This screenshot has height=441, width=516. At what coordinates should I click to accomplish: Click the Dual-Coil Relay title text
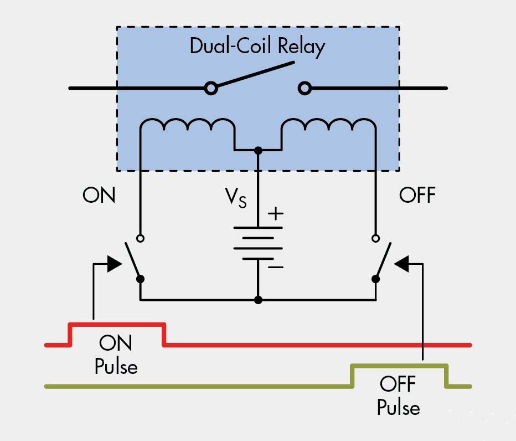click(x=257, y=47)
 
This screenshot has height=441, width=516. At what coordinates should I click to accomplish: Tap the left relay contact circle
click(x=210, y=88)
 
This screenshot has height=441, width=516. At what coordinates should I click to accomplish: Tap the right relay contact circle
click(x=304, y=88)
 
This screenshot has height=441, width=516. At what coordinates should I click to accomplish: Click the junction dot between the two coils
click(x=257, y=150)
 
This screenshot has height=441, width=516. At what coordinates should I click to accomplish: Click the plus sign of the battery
click(x=275, y=213)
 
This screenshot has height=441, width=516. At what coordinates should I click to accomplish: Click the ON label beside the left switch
click(x=99, y=195)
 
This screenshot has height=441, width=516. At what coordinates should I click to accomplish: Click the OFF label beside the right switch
click(x=417, y=195)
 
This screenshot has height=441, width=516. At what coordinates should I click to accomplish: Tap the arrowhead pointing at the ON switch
click(x=115, y=263)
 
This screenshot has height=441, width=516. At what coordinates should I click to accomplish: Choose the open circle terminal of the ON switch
click(x=140, y=238)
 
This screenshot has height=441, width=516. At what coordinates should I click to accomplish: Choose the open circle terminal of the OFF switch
click(x=376, y=238)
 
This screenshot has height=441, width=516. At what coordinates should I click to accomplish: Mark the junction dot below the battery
click(x=257, y=300)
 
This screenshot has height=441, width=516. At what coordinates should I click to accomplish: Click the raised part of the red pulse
click(x=117, y=324)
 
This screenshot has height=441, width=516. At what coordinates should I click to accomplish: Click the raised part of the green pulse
click(x=399, y=365)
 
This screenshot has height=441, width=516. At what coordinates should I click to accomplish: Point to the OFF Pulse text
click(x=398, y=396)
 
